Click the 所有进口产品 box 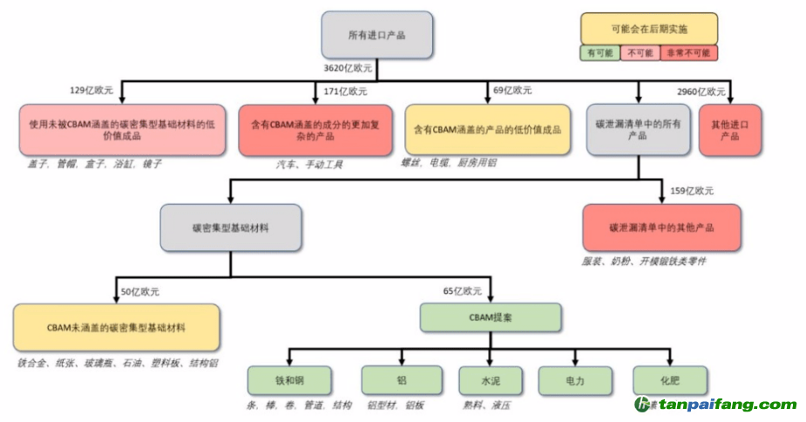pyautogui.click(x=376, y=36)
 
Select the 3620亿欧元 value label pyautogui.click(x=348, y=66)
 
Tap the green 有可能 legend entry pyautogui.click(x=600, y=53)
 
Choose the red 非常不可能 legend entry pyautogui.click(x=688, y=53)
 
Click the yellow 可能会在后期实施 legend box pyautogui.click(x=649, y=28)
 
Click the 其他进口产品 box pyautogui.click(x=729, y=131)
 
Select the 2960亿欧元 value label pyautogui.click(x=701, y=92)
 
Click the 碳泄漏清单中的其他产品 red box pyautogui.click(x=661, y=228)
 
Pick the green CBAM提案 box pyautogui.click(x=490, y=317)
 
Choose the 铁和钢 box pyautogui.click(x=288, y=380)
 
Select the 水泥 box pyautogui.click(x=490, y=380)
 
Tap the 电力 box pyautogui.click(x=574, y=380)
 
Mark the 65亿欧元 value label pyautogui.click(x=463, y=290)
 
